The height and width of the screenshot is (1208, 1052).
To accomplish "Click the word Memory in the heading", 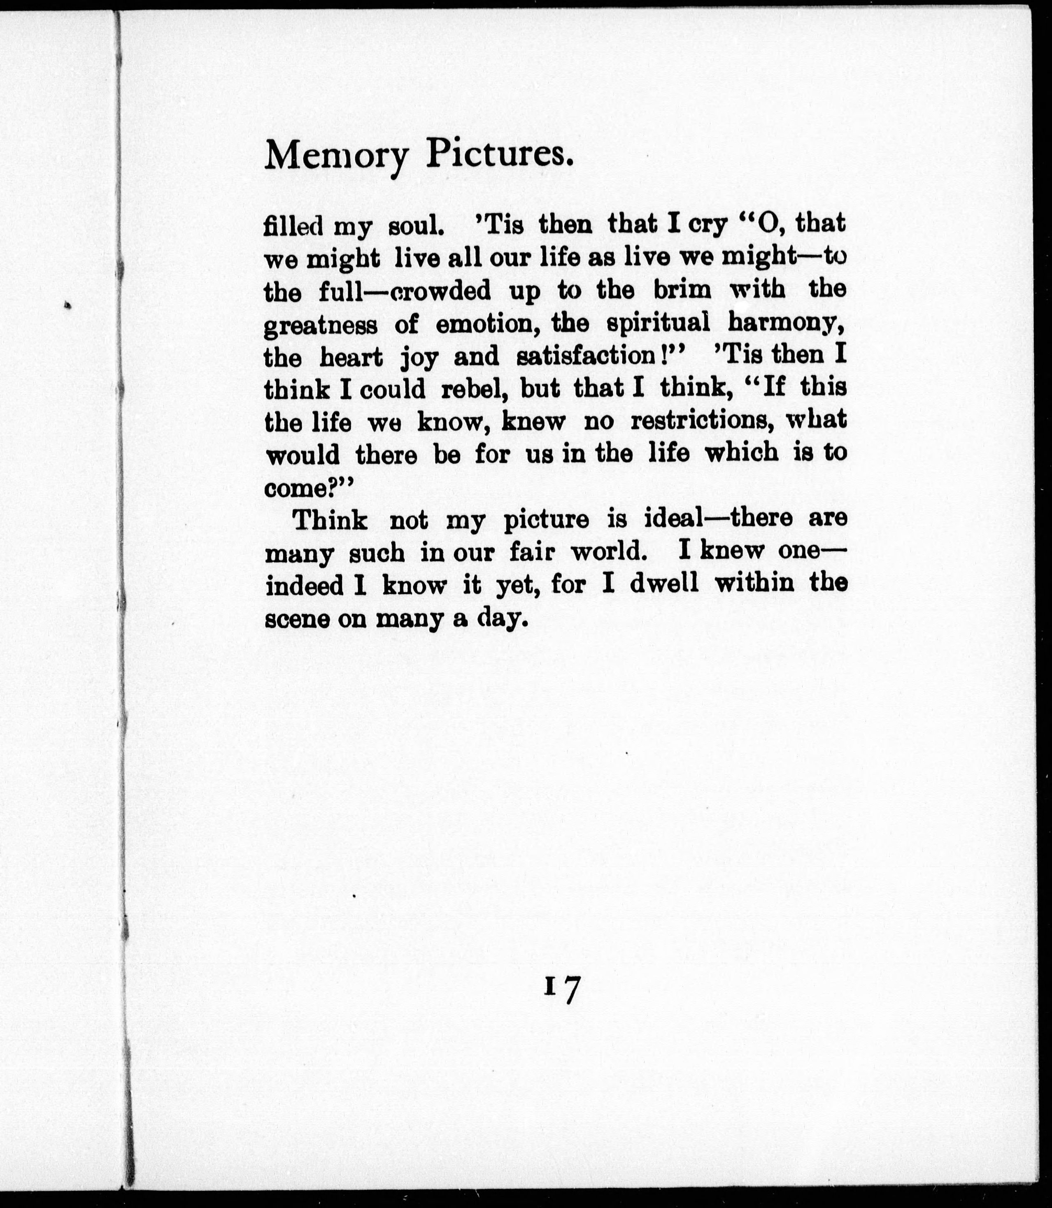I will (336, 156).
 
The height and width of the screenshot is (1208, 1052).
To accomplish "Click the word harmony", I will (787, 324).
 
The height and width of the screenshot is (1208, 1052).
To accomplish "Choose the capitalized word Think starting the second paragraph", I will (330, 520).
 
